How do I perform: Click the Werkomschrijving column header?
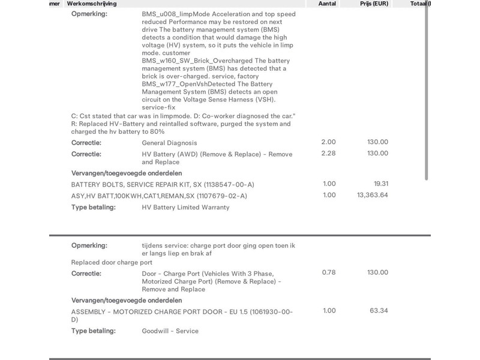[92, 4]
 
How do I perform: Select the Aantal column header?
[328, 4]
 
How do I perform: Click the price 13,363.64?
[372, 195]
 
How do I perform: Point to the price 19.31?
[381, 184]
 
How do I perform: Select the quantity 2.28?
[329, 154]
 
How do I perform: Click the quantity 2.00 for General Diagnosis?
[329, 142]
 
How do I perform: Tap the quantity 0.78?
[329, 273]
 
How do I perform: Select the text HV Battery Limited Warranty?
[185, 208]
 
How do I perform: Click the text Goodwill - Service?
[170, 331]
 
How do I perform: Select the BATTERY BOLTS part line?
[162, 184]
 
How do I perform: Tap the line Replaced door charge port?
[111, 262]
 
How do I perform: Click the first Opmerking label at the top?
[89, 14]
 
